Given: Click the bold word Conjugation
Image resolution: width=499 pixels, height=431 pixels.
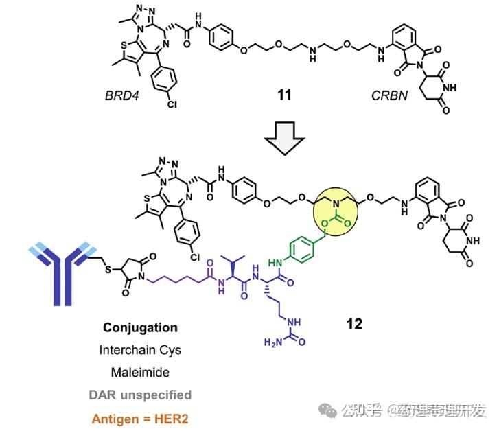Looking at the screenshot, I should pos(141,328).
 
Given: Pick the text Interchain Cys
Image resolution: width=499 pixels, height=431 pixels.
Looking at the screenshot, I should pos(141,350).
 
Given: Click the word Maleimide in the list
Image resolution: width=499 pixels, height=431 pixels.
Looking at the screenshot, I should pos(141,372).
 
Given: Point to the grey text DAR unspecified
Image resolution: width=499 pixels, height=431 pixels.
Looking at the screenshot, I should pos(141,395).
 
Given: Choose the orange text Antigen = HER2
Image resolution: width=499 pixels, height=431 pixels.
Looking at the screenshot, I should pos(141,417).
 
